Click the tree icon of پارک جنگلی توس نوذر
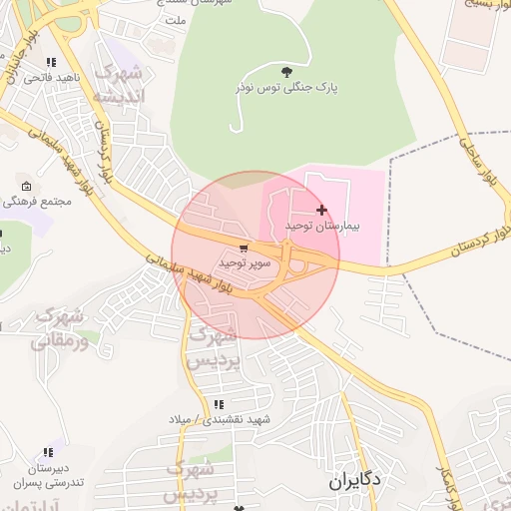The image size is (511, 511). (287, 71)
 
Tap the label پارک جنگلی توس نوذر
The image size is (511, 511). (287, 88)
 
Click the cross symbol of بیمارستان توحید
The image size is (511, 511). (320, 210)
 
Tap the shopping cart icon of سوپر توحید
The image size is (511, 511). (244, 249)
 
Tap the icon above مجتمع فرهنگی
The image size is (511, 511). (26, 187)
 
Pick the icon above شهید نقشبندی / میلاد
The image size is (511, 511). (218, 404)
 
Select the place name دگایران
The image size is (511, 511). (354, 480)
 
